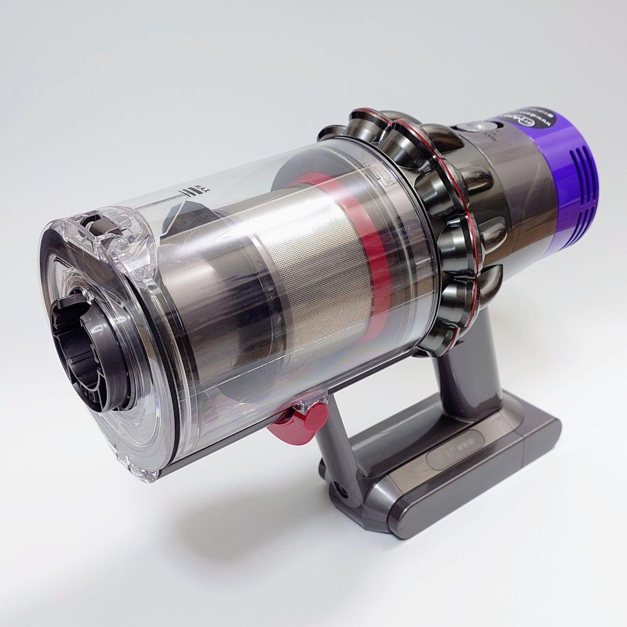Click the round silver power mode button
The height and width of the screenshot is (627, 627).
click(x=465, y=129)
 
